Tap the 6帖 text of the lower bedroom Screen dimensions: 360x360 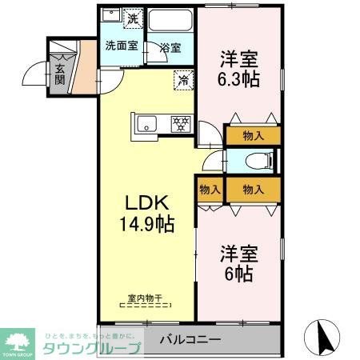(x=238, y=274)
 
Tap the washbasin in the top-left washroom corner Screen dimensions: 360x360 (x=113, y=18)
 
